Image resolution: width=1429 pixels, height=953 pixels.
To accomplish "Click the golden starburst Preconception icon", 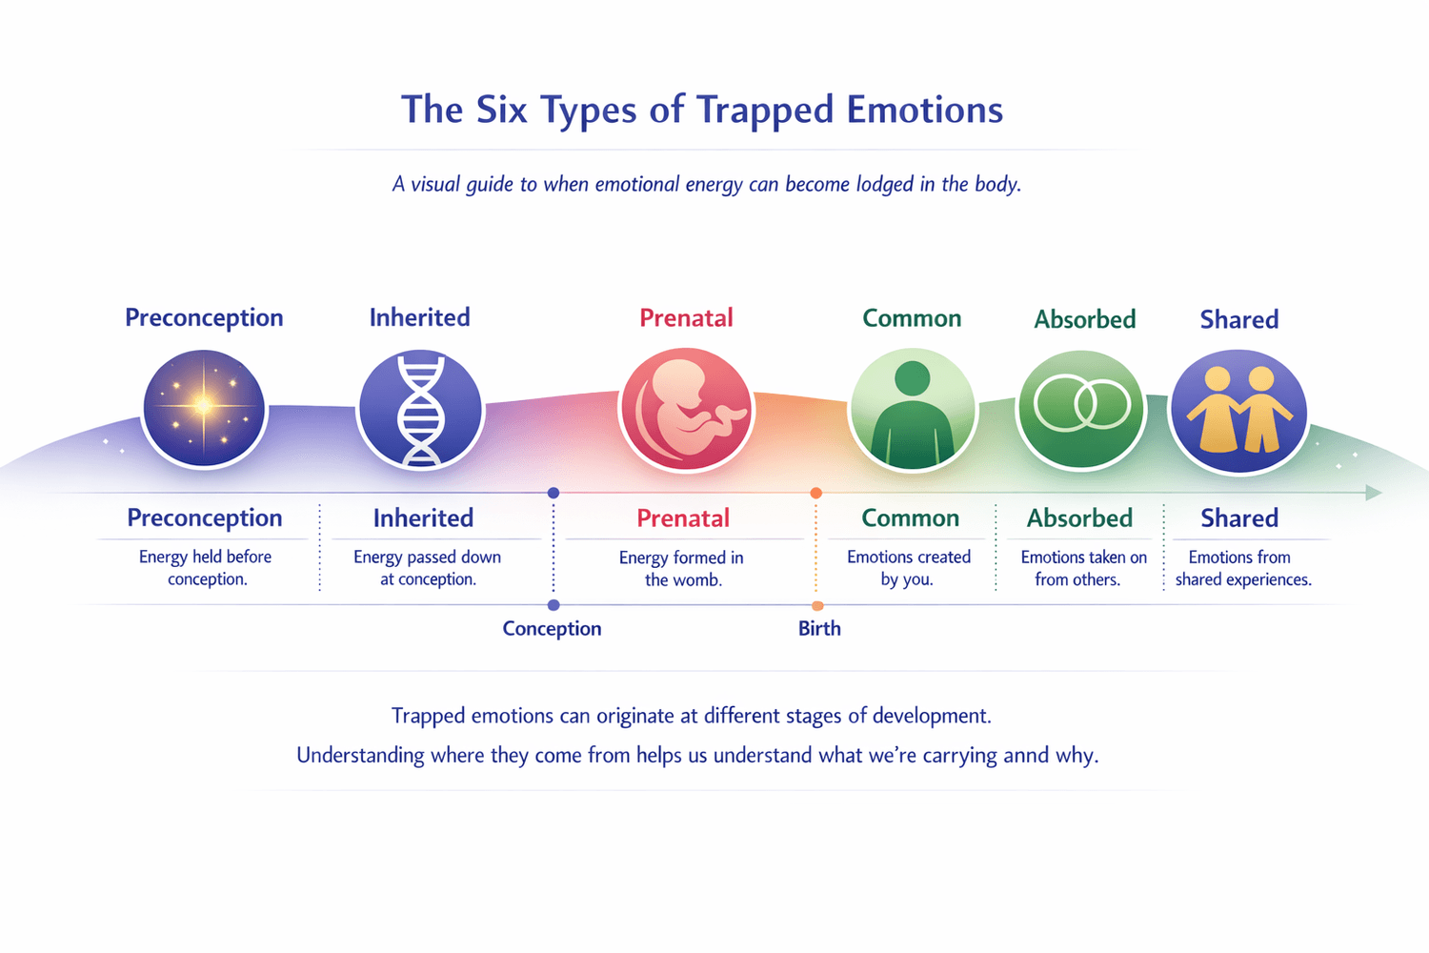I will tap(204, 407).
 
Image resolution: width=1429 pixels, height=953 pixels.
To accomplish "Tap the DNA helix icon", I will tap(420, 410).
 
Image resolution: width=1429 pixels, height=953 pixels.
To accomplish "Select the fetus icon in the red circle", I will tap(687, 409).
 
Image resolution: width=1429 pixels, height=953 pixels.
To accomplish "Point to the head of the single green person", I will tap(913, 378).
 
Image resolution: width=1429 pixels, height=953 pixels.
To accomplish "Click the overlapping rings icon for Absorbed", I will tap(1081, 406).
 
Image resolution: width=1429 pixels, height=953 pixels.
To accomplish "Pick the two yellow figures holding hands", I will tap(1238, 410).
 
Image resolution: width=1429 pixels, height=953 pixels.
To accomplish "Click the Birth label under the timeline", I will tap(819, 629).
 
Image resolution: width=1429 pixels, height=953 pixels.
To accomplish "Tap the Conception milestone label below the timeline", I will tap(552, 629).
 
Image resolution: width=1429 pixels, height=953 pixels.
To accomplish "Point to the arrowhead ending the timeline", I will tap(1373, 493).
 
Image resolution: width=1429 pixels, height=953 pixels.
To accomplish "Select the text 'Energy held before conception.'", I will tap(206, 568).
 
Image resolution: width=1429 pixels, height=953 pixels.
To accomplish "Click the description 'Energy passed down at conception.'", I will tap(427, 568).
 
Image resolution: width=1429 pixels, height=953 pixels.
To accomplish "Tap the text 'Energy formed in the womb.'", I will tap(682, 569).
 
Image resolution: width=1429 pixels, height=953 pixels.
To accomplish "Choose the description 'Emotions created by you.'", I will tap(909, 568).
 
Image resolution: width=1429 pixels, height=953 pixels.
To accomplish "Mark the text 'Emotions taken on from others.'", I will tap(1082, 568).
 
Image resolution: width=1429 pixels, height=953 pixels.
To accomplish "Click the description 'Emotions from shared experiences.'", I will tap(1242, 568).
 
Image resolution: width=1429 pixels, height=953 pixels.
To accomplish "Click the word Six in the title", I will tap(501, 111).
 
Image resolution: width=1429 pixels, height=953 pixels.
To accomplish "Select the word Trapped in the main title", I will tap(765, 111).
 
